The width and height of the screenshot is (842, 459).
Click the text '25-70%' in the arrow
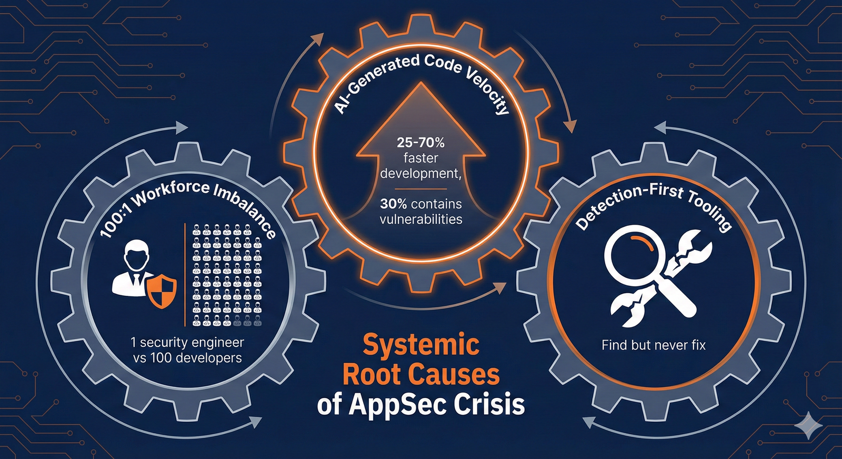tap(420, 143)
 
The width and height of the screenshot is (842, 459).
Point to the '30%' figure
tap(394, 204)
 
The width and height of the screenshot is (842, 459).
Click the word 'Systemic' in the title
tap(421, 345)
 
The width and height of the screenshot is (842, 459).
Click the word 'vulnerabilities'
tap(421, 219)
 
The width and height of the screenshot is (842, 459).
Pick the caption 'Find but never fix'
tap(654, 345)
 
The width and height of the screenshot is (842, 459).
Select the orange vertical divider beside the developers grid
tap(185, 274)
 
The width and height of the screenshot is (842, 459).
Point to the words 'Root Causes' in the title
tap(421, 375)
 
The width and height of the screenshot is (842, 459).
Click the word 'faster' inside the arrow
tap(420, 158)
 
